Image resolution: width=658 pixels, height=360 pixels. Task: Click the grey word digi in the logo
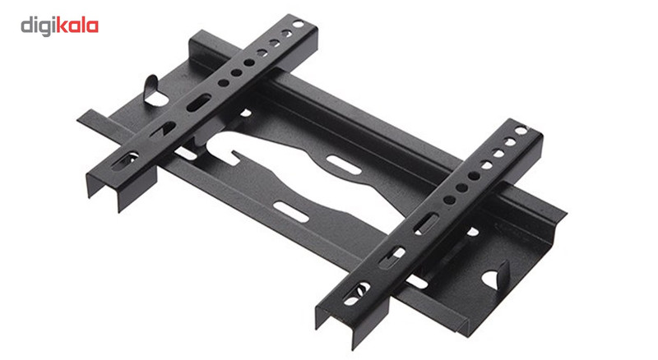38,27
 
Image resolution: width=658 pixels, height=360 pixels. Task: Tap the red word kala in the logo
77,25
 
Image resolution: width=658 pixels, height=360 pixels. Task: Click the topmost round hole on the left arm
299,25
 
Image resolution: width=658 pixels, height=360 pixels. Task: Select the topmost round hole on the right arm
521,131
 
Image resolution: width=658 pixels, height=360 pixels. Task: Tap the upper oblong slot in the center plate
344,164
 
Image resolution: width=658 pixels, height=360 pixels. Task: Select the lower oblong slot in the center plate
291,212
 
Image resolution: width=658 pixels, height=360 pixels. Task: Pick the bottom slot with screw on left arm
125,161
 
